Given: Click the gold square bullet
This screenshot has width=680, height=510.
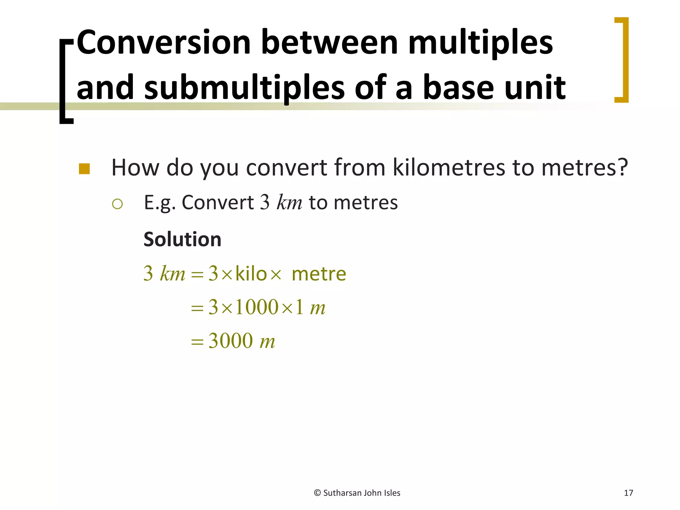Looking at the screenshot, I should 84,169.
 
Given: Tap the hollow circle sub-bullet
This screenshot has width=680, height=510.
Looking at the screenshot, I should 118,204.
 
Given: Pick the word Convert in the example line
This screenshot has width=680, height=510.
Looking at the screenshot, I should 217,203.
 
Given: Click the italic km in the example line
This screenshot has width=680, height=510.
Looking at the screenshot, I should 289,203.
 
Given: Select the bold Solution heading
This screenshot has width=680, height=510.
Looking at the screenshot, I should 182,239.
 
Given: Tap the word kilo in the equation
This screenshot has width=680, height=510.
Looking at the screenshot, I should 251,274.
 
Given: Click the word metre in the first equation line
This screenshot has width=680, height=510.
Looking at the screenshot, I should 319,274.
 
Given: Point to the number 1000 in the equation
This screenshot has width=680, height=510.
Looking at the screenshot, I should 257,307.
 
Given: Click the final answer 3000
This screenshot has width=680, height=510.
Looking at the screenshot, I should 230,341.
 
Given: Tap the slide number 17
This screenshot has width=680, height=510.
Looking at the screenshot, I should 628,493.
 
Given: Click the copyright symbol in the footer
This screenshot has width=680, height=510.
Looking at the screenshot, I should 317,493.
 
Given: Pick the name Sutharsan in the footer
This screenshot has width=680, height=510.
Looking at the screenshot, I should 342,493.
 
